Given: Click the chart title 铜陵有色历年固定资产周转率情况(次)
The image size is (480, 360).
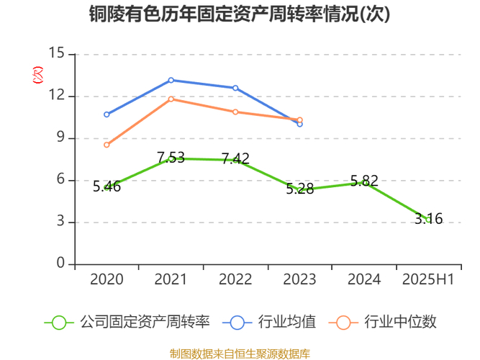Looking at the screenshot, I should tap(240, 14).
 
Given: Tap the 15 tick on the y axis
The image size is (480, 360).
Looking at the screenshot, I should tap(57, 54).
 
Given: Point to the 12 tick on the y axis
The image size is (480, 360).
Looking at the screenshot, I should tap(57, 96).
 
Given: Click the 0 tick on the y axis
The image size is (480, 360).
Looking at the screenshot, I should tap(60, 264).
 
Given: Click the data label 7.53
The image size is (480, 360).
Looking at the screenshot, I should tap(171, 158).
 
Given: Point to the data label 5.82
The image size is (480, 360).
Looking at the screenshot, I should tap(364, 181).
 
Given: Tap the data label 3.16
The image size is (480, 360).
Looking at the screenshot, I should tap(428, 219).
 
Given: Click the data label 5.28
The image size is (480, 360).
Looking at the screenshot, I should tap(299, 189).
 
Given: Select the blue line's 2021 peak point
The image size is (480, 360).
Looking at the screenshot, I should tap(171, 80).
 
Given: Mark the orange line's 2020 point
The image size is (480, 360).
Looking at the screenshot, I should tap(107, 145).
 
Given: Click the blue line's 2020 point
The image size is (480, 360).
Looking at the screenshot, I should tap(107, 114).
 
